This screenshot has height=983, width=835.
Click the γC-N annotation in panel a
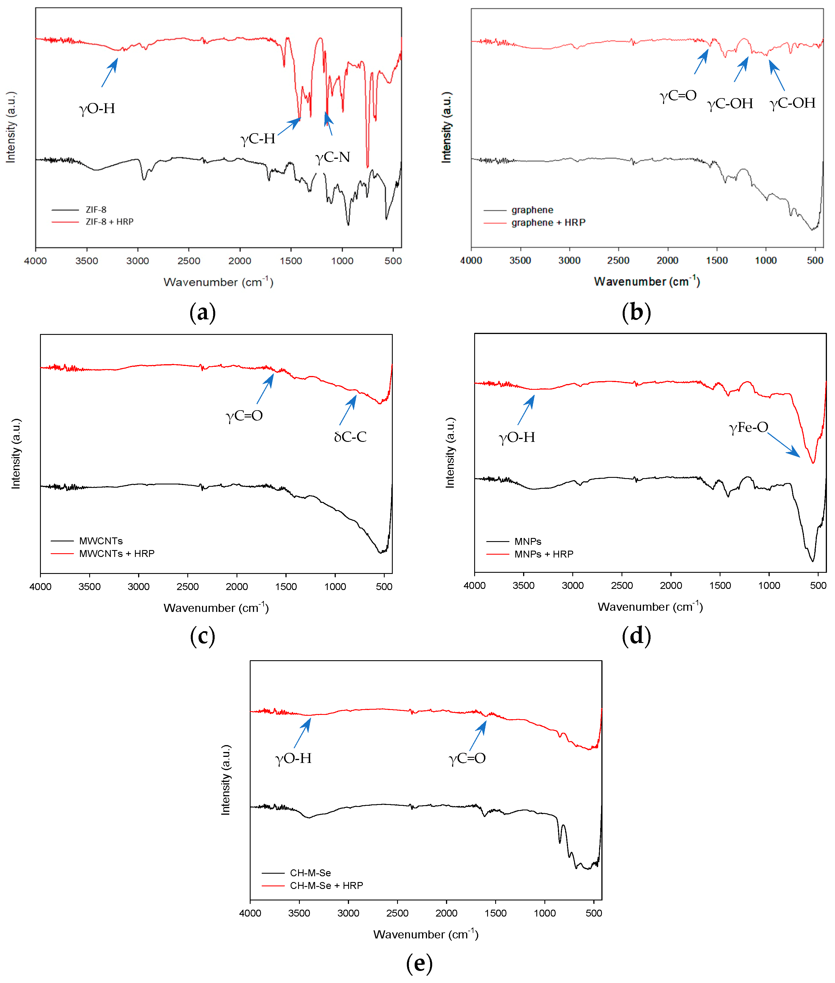tap(333, 157)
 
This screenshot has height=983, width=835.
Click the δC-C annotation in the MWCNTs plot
tap(350, 436)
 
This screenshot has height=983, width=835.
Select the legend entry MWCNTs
tap(101, 541)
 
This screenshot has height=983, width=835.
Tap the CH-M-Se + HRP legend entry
tap(326, 885)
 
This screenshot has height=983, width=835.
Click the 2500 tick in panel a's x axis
tap(188, 261)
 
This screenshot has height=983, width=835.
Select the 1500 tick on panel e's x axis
tap(495, 913)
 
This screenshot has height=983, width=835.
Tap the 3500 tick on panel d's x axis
tap(524, 585)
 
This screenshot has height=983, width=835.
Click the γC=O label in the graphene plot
tap(678, 96)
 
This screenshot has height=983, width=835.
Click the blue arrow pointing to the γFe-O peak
tap(783, 444)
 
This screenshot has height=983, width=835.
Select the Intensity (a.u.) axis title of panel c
tap(16, 453)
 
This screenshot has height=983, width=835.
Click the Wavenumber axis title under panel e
tap(426, 934)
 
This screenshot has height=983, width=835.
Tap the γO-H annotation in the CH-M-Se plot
tap(293, 758)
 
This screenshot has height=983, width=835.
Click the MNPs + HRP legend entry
tap(544, 554)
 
